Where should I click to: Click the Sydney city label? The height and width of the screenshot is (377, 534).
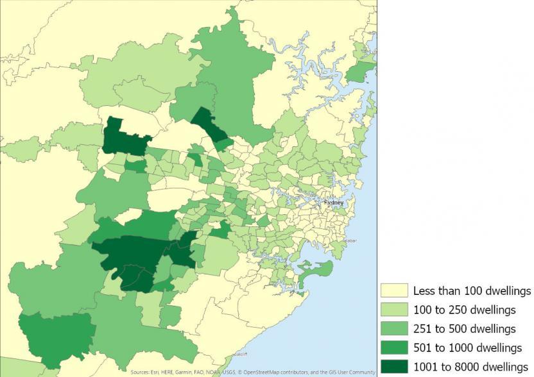(x=334, y=202)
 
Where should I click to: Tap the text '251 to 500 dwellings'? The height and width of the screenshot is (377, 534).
(x=464, y=329)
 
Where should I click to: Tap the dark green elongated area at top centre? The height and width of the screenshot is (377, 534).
(x=211, y=126)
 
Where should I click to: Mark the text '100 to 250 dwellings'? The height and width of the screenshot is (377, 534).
(x=464, y=310)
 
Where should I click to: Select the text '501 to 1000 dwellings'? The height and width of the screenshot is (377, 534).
(x=467, y=348)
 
